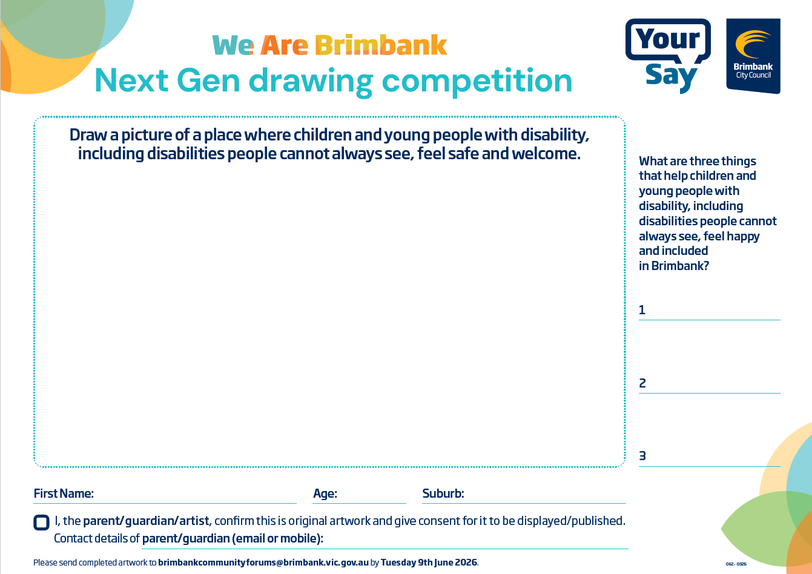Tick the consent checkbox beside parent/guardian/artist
[x=41, y=523]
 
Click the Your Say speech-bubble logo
[x=668, y=56]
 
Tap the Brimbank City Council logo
[x=753, y=56]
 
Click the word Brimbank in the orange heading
[x=381, y=45]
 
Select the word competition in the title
[x=477, y=82]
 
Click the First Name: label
[x=64, y=493]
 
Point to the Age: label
[x=325, y=493]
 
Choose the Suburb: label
[x=443, y=493]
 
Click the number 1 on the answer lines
[x=642, y=310]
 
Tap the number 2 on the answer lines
[x=642, y=383]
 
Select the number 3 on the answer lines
[x=642, y=456]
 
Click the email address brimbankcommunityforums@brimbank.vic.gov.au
[x=263, y=562]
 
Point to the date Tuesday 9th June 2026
[x=429, y=562]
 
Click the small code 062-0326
[x=736, y=564]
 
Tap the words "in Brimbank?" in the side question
[x=673, y=266]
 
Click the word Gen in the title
[x=209, y=81]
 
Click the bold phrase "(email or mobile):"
[x=278, y=539]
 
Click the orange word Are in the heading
[x=284, y=45]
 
